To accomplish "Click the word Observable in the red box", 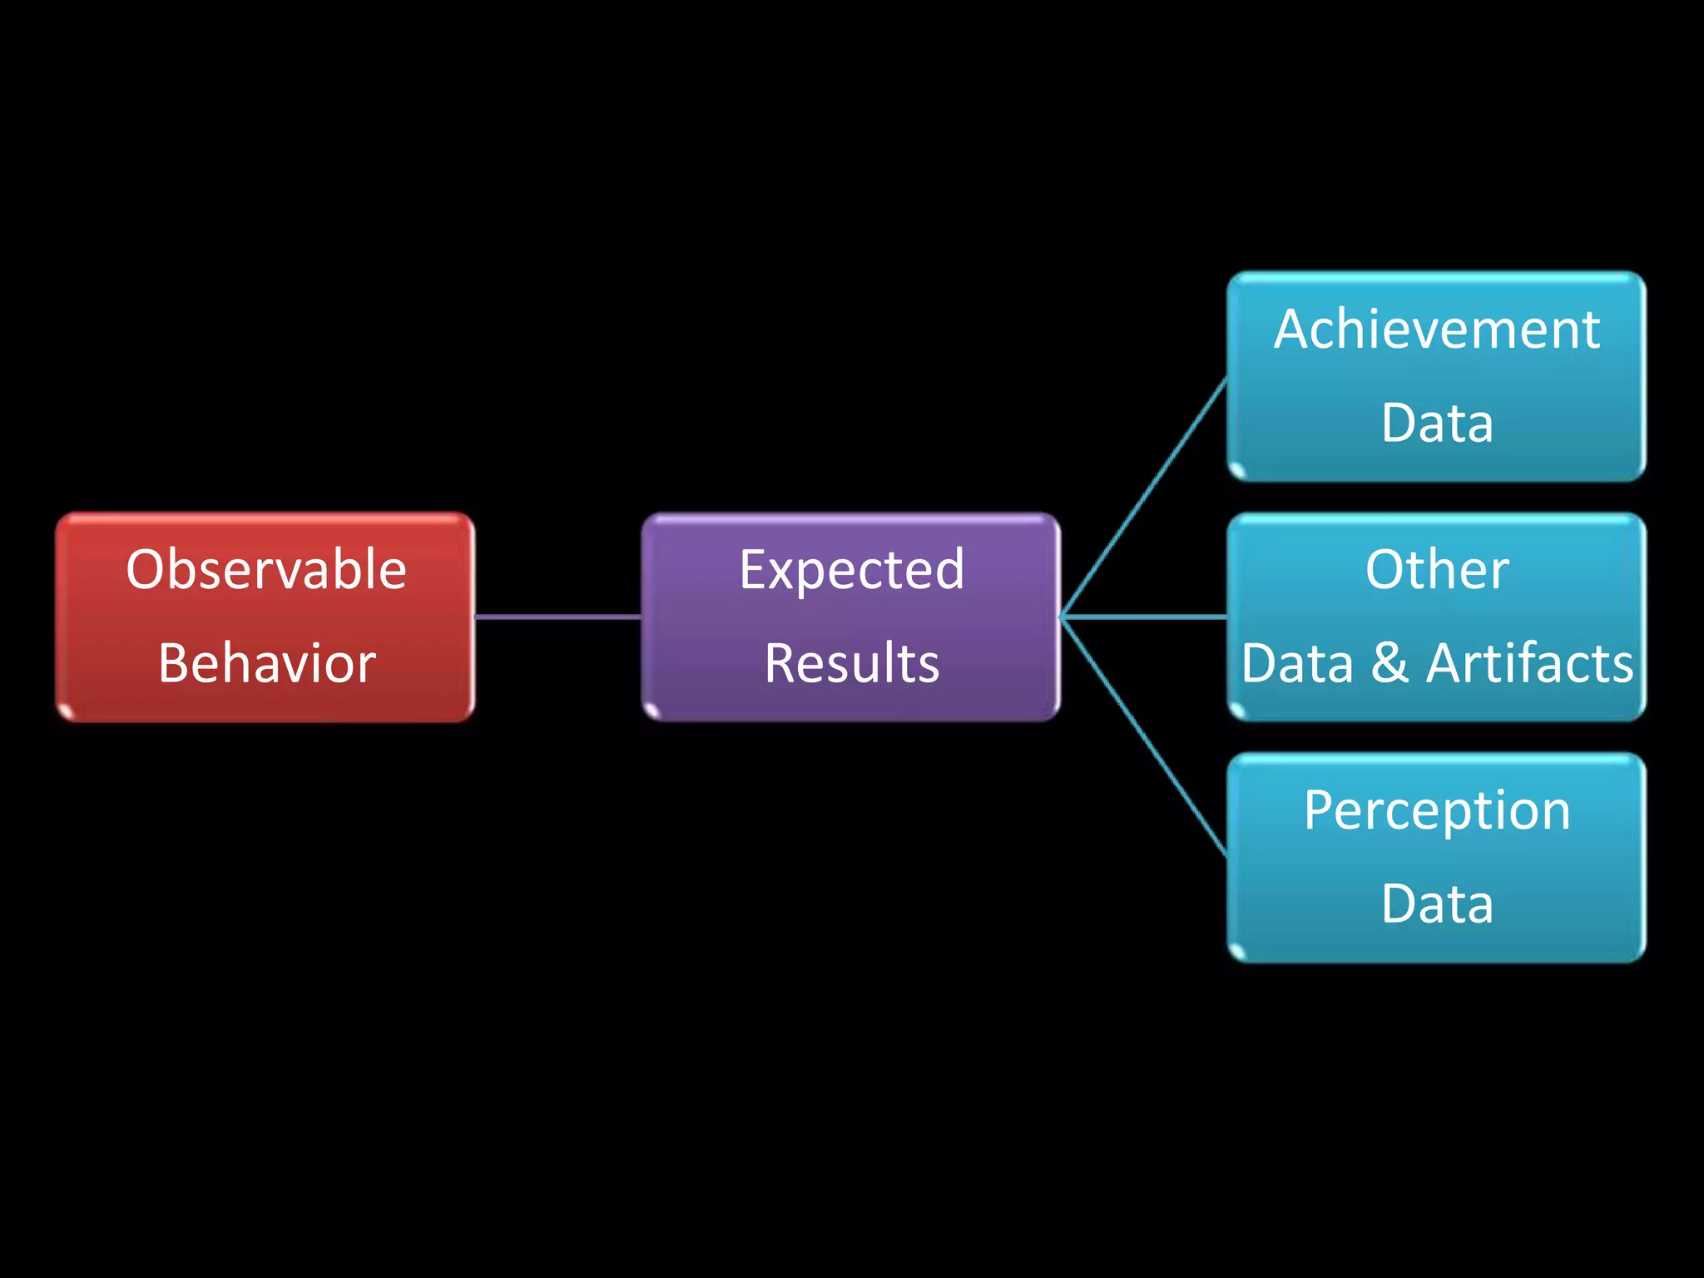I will click(x=266, y=570).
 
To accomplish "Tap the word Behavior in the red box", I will click(x=266, y=663).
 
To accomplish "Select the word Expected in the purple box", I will click(x=851, y=571).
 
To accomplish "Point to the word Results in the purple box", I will click(x=851, y=663).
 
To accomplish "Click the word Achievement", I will click(x=1436, y=329).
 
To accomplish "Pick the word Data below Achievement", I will click(x=1436, y=423).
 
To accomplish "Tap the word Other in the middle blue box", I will click(x=1436, y=570).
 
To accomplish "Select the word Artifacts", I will click(x=1529, y=663).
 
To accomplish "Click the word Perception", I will click(x=1436, y=810).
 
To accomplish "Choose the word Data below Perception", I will click(x=1436, y=904).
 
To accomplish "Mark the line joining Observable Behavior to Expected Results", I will click(x=557, y=617).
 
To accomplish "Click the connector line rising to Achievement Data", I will click(x=1144, y=498).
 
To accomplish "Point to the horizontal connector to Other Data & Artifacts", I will click(x=1144, y=617).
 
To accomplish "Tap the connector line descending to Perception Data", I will click(x=1144, y=736).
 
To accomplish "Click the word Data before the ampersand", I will click(x=1297, y=663).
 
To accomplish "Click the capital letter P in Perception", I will click(x=1320, y=810).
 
